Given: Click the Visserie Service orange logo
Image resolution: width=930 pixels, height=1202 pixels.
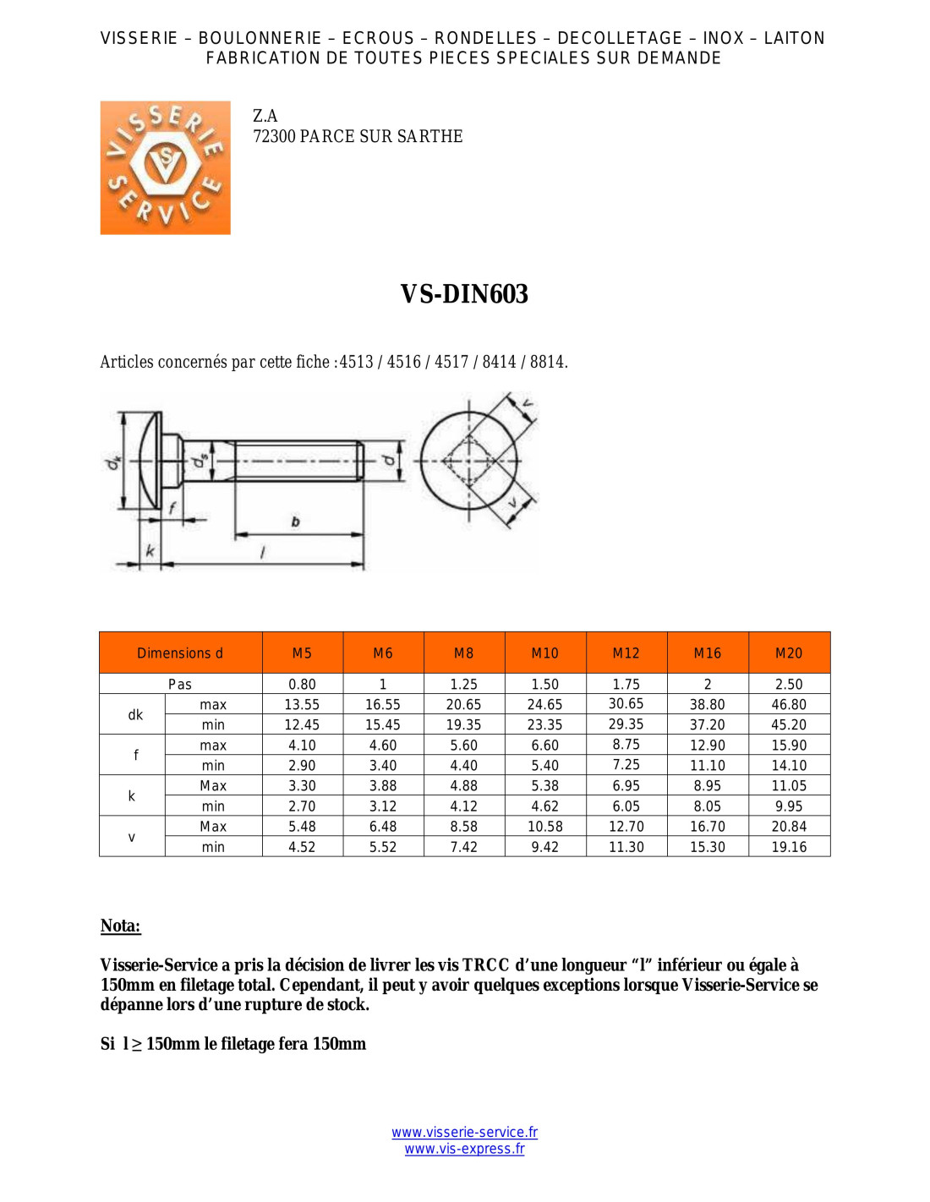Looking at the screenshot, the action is pyautogui.click(x=165, y=167).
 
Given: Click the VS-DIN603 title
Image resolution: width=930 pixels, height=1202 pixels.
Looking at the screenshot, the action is pyautogui.click(x=464, y=294).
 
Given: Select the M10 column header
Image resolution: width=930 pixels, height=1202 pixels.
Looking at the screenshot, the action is pyautogui.click(x=544, y=653).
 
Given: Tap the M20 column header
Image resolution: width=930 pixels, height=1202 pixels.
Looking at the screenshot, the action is pyautogui.click(x=788, y=653).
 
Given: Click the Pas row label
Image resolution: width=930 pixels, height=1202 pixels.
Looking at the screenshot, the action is pyautogui.click(x=180, y=684).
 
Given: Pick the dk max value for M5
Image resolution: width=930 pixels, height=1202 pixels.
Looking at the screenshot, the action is pyautogui.click(x=302, y=705).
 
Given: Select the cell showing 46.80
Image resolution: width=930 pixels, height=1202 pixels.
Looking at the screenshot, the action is pyautogui.click(x=788, y=705).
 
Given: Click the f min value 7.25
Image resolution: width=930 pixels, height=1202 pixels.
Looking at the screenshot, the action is pyautogui.click(x=626, y=765).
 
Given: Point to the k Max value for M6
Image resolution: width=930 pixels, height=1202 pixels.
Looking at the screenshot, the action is pyautogui.click(x=382, y=785).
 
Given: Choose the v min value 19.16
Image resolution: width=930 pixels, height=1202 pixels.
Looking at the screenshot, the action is pyautogui.click(x=788, y=847).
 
